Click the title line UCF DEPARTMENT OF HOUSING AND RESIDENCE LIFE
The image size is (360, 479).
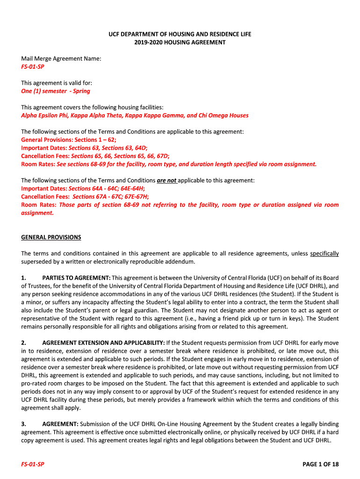180,34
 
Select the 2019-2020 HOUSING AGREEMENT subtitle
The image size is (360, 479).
180,42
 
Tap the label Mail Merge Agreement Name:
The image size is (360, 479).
61,58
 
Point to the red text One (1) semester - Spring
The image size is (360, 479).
56,91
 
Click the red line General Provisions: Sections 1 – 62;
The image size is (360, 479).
69,140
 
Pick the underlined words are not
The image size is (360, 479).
166,180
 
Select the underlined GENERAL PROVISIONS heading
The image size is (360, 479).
51,237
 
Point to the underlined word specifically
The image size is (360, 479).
324,254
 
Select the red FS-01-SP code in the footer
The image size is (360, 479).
33,464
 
